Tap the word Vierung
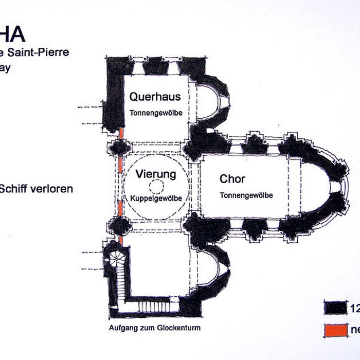click(x=156, y=174)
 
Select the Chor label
click(x=232, y=179)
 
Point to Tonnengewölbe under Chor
click(x=246, y=195)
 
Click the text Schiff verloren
click(x=37, y=188)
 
